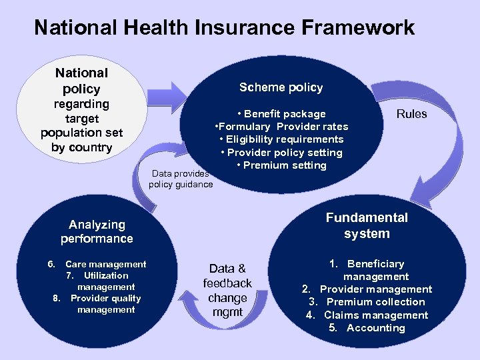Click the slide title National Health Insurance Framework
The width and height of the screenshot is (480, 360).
pos(224,28)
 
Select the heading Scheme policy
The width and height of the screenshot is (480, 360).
pos(281,87)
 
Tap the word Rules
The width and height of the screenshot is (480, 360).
pos(411,114)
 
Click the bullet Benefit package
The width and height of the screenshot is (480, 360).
pos(281,114)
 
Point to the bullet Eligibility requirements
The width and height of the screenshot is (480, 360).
pos(281,139)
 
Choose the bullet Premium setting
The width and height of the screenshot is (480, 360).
pos(281,165)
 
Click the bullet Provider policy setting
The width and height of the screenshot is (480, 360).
pos(281,153)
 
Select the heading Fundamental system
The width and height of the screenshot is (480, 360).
pos(367,225)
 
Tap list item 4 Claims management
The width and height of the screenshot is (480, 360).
pos(367,315)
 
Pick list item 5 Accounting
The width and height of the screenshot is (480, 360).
pos(367,328)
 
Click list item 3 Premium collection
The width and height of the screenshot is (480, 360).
pos(367,302)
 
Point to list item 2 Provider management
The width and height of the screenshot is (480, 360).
pos(367,289)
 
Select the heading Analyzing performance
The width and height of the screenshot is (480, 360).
pos(97,231)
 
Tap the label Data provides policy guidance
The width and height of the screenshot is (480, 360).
pos(181,179)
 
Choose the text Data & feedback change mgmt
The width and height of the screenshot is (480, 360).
pos(227,291)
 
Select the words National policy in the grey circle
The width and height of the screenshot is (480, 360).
pos(81,81)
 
